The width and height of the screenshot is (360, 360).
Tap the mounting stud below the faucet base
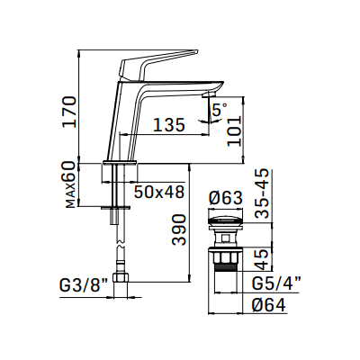pyautogui.click(x=115, y=193)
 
